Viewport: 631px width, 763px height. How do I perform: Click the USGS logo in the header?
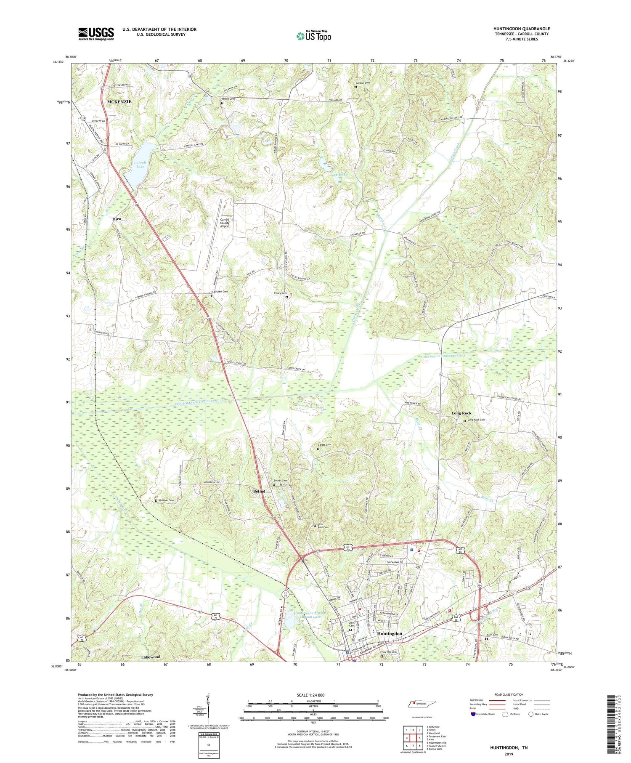click(96, 34)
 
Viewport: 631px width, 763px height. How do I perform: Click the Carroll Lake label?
click(140, 164)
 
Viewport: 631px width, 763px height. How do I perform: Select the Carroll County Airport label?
click(225, 223)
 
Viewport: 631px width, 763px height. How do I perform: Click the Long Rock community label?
click(461, 413)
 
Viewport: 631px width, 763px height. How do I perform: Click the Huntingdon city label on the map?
click(390, 633)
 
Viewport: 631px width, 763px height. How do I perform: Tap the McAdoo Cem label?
click(166, 500)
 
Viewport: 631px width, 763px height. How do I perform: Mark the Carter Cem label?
click(324, 445)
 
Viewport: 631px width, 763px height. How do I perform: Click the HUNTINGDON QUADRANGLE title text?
click(522, 29)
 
